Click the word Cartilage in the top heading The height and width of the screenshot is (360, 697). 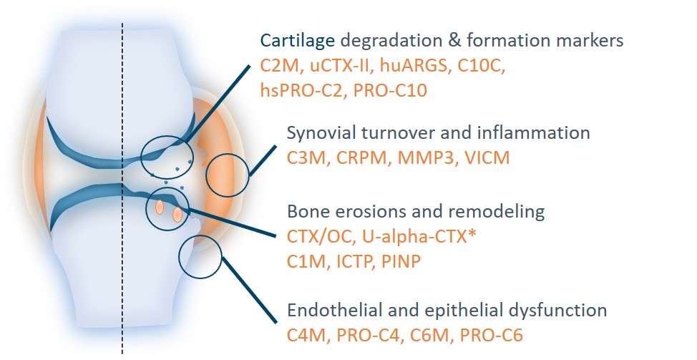pyautogui.click(x=298, y=41)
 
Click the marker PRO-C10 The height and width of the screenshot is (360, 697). pyautogui.click(x=390, y=91)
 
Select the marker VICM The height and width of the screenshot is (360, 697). pyautogui.click(x=487, y=158)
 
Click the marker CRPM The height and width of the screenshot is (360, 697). pyautogui.click(x=361, y=158)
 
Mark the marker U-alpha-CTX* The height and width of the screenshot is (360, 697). pyautogui.click(x=419, y=236)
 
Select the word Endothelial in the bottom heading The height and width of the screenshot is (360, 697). pyautogui.click(x=335, y=310)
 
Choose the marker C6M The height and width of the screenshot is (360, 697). pyautogui.click(x=429, y=335)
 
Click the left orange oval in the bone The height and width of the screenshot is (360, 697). pyautogui.click(x=159, y=207)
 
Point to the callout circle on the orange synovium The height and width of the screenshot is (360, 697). pyautogui.click(x=208, y=175)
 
